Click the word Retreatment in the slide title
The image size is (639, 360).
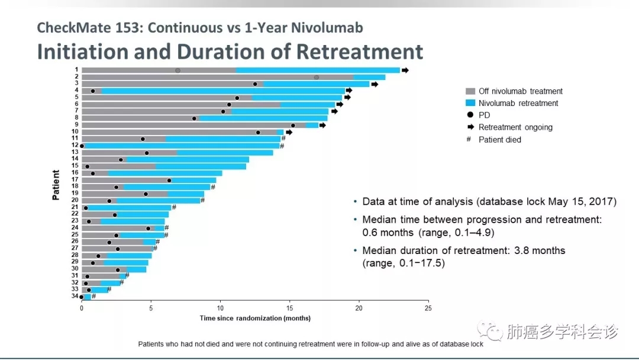(x=360, y=52)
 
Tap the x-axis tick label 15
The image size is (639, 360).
(x=289, y=308)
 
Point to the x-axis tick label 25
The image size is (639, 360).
(x=428, y=308)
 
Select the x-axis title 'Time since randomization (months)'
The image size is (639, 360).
(x=255, y=318)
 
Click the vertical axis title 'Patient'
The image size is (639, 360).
(x=56, y=185)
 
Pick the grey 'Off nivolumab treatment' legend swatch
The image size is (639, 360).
(x=470, y=91)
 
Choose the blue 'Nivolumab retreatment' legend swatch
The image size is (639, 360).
(x=470, y=103)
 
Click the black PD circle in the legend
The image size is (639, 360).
(x=470, y=115)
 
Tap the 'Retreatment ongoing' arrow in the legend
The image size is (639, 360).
(x=470, y=127)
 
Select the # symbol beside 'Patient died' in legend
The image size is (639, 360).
(x=470, y=140)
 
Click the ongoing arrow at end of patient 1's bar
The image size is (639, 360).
(x=405, y=70)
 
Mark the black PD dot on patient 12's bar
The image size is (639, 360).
(x=82, y=146)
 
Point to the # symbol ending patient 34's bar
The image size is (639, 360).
(x=93, y=296)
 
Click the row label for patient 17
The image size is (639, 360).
(x=75, y=180)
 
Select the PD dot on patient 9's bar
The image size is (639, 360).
(x=293, y=125)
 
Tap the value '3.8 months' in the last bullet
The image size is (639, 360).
(x=543, y=250)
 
